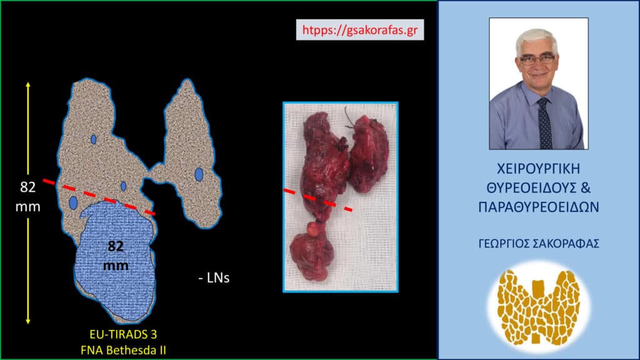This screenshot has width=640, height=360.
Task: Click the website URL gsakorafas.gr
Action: [359, 30]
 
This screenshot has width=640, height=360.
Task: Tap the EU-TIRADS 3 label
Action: [123, 334]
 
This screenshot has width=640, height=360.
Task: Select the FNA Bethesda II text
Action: [123, 350]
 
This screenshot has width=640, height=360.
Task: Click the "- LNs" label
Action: [214, 278]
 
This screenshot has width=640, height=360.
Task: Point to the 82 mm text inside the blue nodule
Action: [116, 256]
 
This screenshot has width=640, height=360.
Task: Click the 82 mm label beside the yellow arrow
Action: [27, 197]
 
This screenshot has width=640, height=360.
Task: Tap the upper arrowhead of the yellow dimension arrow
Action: [27, 84]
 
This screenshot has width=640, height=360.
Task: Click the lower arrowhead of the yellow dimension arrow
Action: [27, 321]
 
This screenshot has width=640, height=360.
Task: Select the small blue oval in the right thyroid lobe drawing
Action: [199, 174]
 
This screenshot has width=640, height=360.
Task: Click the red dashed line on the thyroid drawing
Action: [99, 197]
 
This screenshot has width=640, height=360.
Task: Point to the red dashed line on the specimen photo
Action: [318, 200]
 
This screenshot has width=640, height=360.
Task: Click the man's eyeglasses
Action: [537, 59]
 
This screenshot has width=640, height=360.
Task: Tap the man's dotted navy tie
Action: [544, 124]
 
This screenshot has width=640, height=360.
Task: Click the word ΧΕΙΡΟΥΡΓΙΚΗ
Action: [538, 169]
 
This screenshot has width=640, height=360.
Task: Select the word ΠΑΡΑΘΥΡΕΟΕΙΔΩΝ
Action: [539, 207]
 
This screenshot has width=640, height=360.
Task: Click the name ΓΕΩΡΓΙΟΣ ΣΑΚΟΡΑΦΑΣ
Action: [539, 244]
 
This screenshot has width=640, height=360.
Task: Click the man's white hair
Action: [535, 39]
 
